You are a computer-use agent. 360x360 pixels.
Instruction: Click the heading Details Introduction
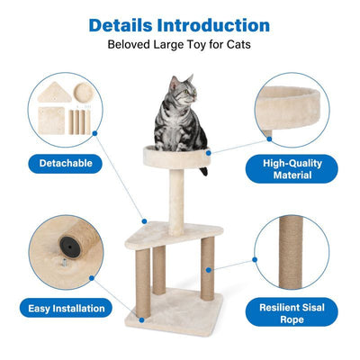pos(180,24)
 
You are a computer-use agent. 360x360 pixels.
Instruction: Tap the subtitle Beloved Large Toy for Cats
pos(180,44)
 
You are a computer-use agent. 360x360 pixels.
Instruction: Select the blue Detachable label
pos(65,164)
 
